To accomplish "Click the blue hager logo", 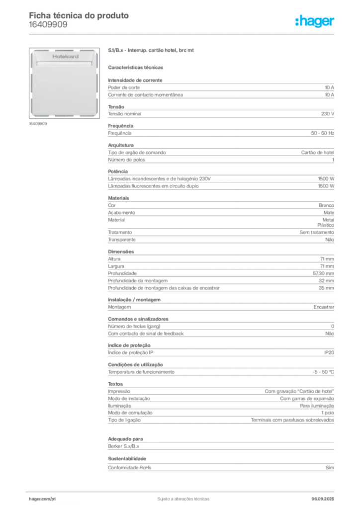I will pos(315,21).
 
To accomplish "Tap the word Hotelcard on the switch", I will pos(65,57).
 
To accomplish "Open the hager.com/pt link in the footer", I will pos(42,498).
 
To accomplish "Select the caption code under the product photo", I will pos(38,124).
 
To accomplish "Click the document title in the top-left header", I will pos(80,16).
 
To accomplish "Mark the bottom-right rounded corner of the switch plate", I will pos(95,114).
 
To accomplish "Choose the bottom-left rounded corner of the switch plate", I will pos(34,114).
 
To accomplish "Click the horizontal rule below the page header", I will pos(183,34).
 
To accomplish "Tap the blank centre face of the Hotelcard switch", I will pos(65,89).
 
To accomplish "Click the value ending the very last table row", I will pos(330,467).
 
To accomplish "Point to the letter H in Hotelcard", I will pos(54,57).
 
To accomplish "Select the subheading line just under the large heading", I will pos(137,67).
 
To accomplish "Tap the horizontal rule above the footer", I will pos(183,490).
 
